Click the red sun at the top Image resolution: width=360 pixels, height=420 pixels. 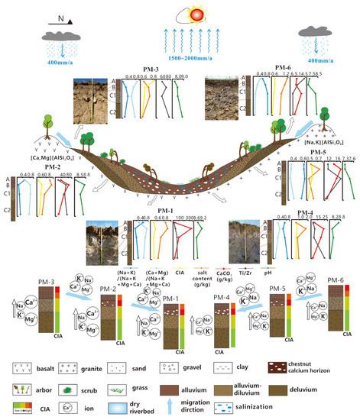point(180,16)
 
